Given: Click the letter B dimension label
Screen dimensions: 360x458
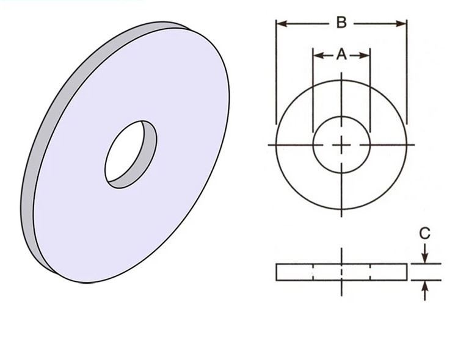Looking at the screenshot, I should (x=341, y=23).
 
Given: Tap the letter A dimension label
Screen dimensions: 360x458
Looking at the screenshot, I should (x=341, y=55).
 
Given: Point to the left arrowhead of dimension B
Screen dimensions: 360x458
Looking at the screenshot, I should (x=281, y=23).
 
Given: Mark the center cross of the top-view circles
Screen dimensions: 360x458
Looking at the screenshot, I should (x=341, y=145).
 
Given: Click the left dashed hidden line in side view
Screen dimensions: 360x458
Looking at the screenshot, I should (x=313, y=272).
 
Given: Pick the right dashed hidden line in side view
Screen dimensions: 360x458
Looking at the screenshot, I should (x=370, y=272).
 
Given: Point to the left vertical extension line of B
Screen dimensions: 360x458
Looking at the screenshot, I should (x=276, y=73).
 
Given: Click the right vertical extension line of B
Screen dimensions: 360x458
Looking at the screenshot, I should (x=407, y=73).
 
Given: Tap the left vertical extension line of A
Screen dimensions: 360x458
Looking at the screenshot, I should (x=313, y=92).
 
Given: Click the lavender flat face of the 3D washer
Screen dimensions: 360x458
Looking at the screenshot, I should (x=177, y=201).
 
